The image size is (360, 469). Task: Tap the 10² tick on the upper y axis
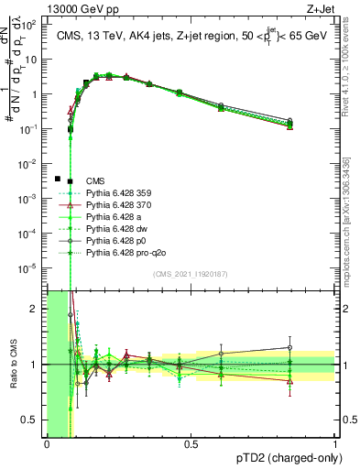tap(34, 26)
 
